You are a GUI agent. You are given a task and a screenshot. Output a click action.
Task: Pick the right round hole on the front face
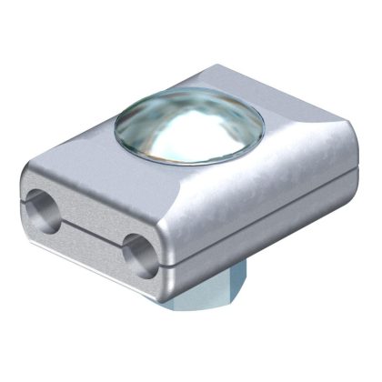pyautogui.click(x=136, y=246)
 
